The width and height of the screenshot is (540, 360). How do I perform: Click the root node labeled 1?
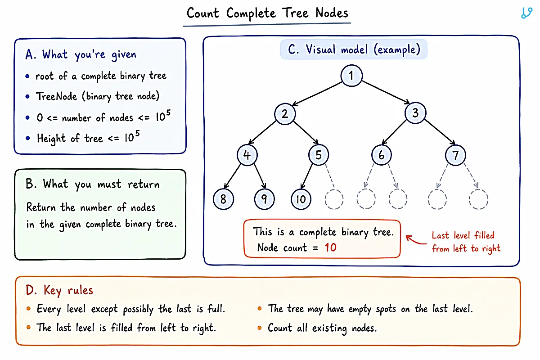coord(351,76)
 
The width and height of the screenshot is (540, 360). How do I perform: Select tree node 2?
coord(285,114)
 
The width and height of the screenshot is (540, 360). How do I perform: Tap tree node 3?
coord(415,113)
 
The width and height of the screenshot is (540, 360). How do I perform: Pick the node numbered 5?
coord(319,155)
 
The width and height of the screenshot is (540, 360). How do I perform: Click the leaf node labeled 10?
coord(301,199)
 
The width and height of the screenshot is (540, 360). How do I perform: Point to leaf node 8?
coord(223,199)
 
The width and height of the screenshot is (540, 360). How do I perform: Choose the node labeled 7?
coord(455,155)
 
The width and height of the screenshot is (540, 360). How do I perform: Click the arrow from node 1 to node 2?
coord(317,94)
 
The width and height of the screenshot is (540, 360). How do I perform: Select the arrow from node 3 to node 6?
coord(394,132)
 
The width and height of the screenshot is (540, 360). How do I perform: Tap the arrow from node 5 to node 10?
coord(306,176)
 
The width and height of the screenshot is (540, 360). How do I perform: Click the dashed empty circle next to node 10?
coord(334,199)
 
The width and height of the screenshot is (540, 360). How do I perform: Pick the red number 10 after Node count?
coord(330,247)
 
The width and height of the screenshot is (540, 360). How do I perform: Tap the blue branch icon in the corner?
coord(526,13)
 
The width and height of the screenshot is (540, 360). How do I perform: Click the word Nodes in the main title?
coord(332,13)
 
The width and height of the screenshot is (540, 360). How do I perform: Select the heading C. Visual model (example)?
coord(354,49)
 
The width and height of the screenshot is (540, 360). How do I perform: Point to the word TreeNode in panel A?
coord(56,96)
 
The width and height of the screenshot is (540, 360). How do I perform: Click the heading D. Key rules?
coord(59,290)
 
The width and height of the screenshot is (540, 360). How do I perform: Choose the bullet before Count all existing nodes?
coord(260,328)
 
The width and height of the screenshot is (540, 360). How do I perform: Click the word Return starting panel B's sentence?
coord(41,207)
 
